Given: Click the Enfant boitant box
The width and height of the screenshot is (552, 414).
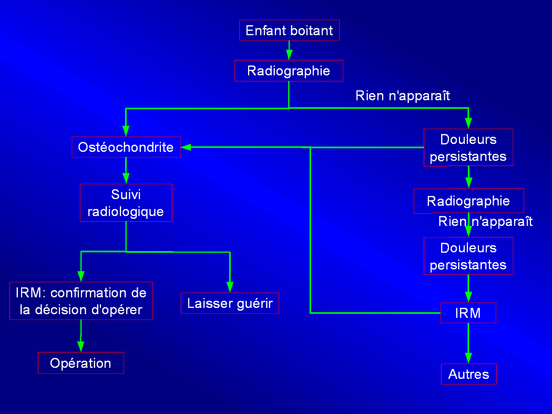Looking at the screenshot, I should tap(289, 30).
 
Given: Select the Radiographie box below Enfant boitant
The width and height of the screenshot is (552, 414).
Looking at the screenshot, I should tap(289, 70).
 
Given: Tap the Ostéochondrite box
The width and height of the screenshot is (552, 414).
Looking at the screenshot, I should tap(126, 147).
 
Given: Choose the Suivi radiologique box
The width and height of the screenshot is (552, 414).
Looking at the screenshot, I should tap(126, 203).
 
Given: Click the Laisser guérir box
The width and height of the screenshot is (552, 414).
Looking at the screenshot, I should tap(230, 304).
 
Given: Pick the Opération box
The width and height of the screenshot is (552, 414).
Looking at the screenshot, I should tap(80, 363).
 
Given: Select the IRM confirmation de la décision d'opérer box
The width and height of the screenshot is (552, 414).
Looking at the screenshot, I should tap(81, 301).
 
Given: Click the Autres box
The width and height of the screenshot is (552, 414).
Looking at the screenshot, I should tap(468, 374).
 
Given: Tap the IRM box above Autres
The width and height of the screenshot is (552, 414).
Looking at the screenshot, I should tap(468, 313).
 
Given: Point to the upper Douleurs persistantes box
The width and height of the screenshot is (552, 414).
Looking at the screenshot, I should tap(468, 148).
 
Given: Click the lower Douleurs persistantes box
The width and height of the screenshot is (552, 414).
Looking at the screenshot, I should tap(468, 256).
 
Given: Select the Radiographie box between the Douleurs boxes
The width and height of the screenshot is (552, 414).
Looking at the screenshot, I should tap(468, 201).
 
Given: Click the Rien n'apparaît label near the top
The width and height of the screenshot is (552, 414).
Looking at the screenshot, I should tap(403, 96).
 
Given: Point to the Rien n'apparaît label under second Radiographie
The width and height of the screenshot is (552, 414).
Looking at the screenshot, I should tap(485, 221).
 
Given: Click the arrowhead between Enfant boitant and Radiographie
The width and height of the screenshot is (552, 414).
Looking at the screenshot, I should tap(289, 55).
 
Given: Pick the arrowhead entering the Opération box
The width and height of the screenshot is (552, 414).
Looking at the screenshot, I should tap(80, 346).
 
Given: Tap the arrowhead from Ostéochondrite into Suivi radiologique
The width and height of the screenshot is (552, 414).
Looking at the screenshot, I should tap(126, 178).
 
